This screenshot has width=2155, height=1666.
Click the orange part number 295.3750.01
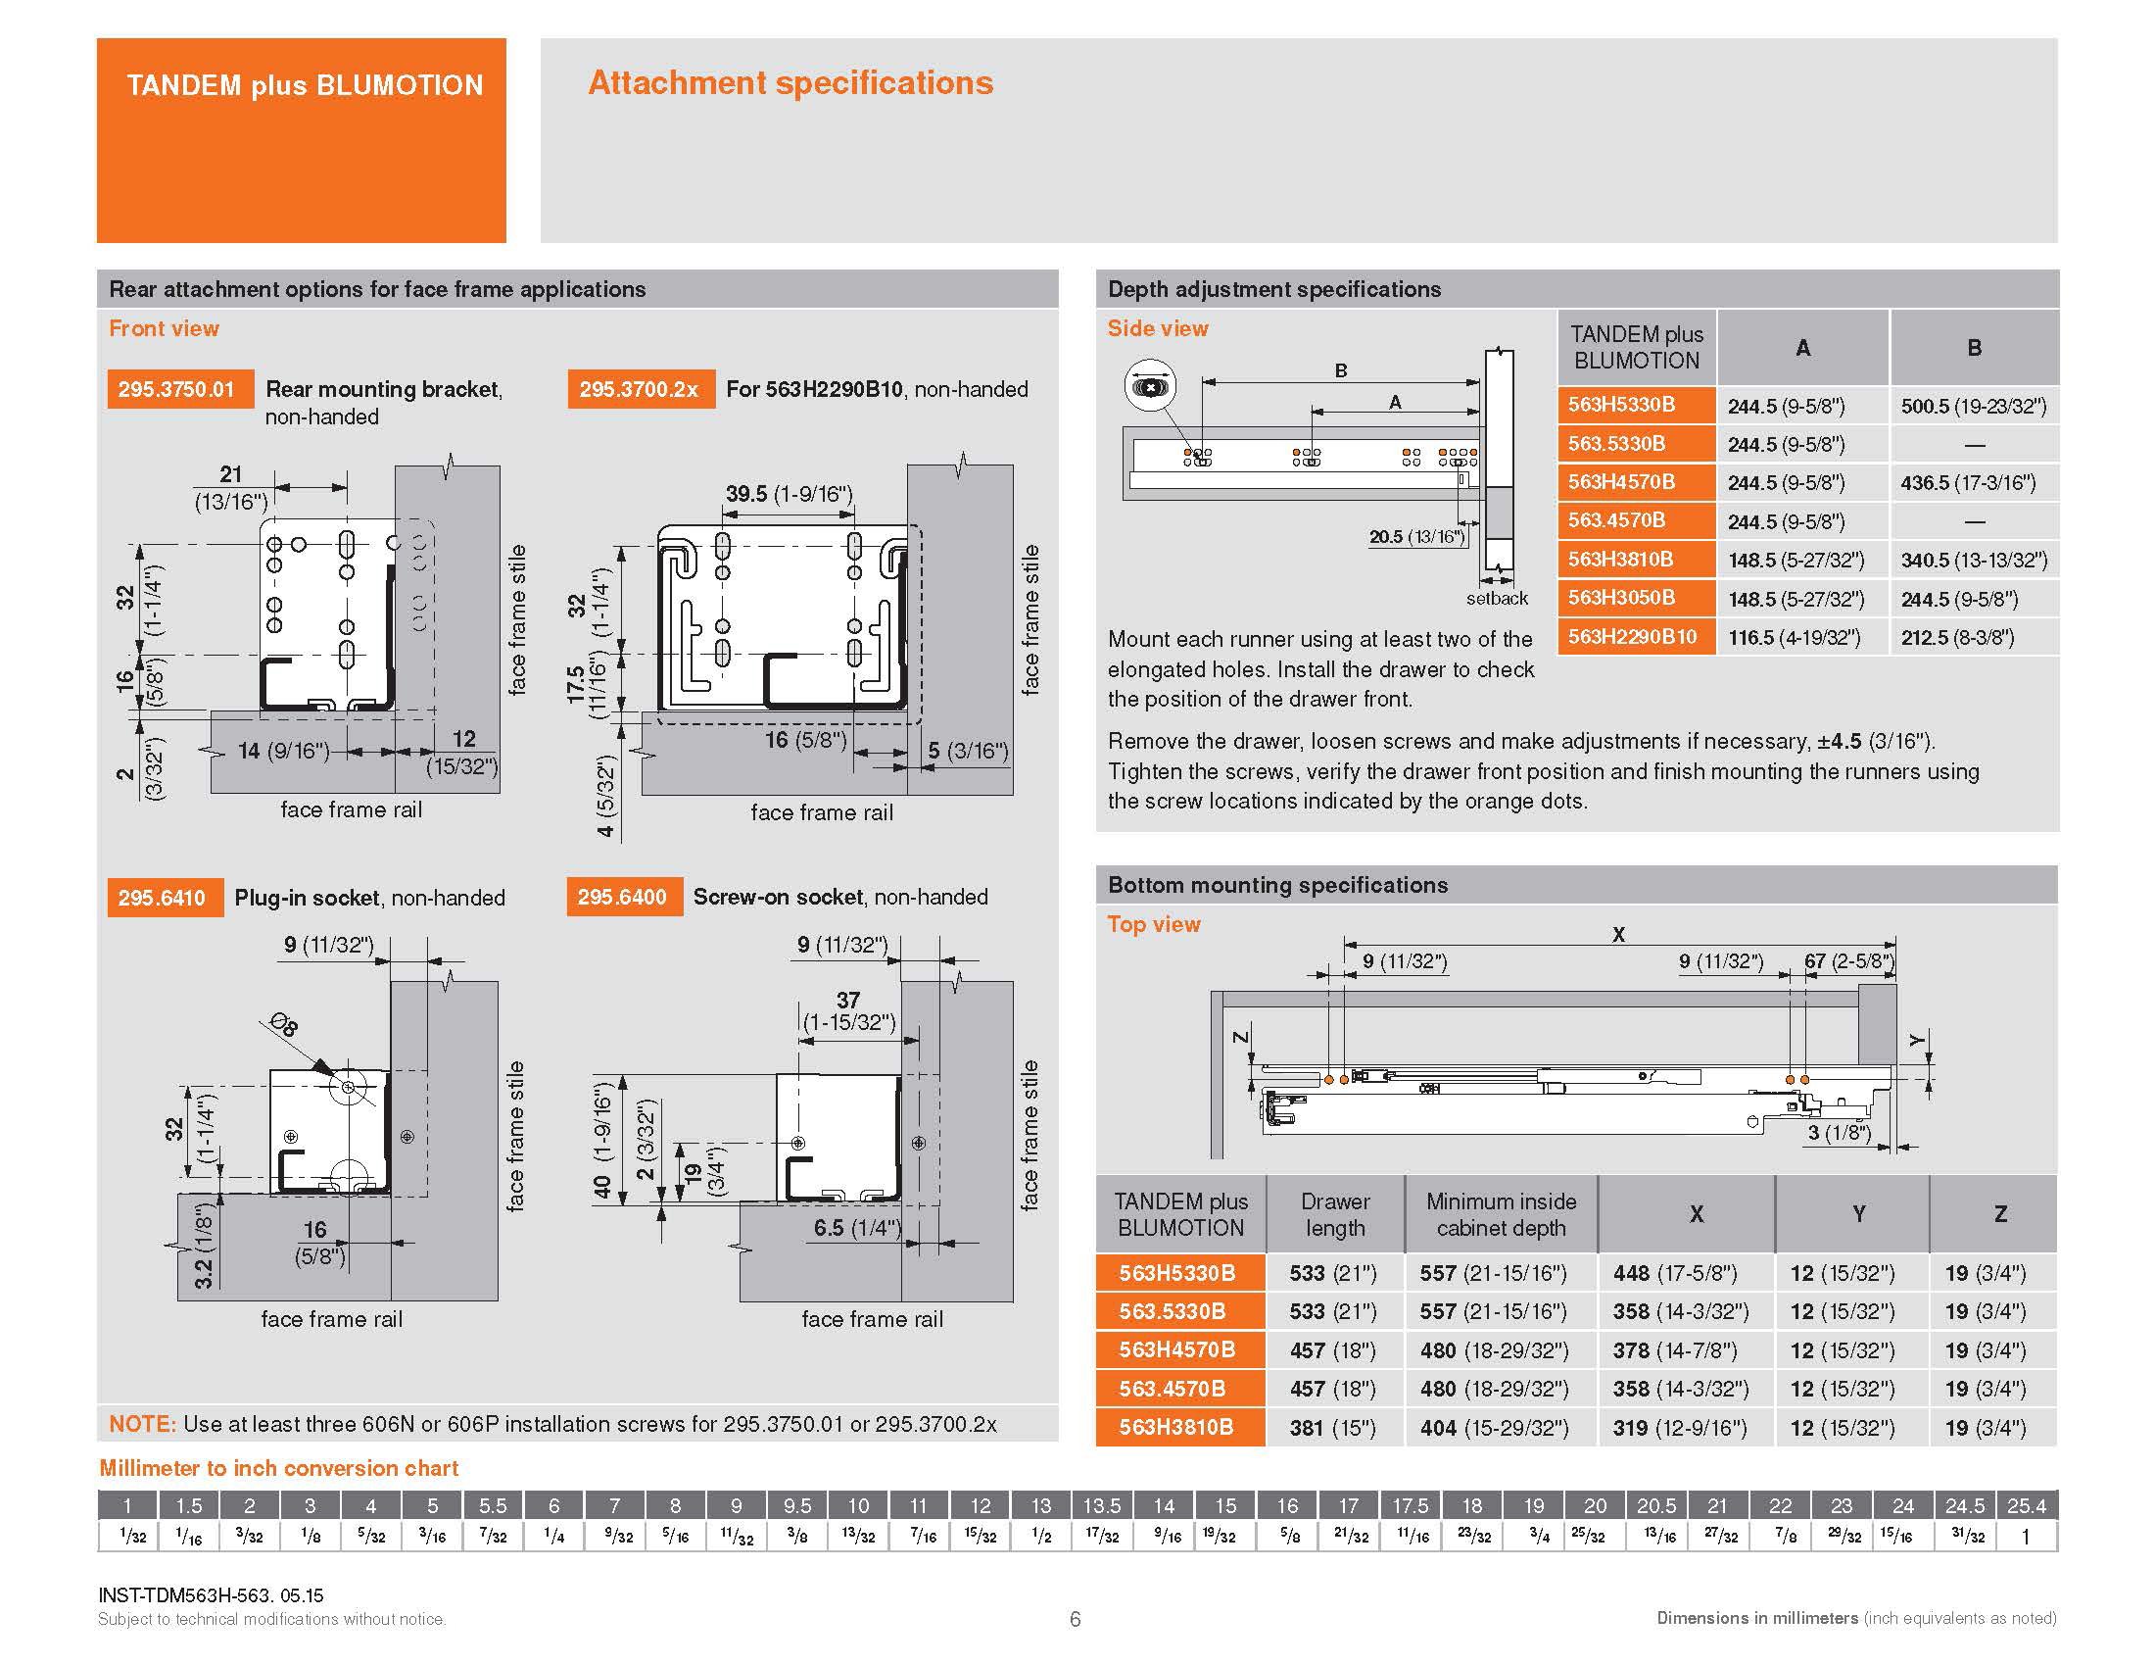pos(176,389)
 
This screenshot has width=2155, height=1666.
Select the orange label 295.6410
pos(162,898)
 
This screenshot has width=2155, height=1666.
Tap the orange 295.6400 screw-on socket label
pos(623,897)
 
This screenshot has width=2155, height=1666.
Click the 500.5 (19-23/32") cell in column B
pos(1974,406)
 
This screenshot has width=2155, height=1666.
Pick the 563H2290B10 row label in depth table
pos(1632,637)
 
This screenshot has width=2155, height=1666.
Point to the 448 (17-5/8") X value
pos(1674,1273)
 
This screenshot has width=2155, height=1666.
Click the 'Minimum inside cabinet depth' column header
pos(1500,1214)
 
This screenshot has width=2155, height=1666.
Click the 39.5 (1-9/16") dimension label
pos(789,494)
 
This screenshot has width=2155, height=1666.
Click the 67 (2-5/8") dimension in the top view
pos(1848,961)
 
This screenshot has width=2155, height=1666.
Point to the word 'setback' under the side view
pos(1496,598)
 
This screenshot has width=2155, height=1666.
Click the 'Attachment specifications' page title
pos(790,83)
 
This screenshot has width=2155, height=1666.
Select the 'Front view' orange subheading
pos(164,328)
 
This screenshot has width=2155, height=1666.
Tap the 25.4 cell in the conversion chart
pos(2026,1506)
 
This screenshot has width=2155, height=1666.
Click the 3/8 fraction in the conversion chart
pos(797,1537)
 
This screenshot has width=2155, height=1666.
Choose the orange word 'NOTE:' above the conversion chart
pos(142,1424)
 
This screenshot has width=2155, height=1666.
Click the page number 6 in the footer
pos(1076,1619)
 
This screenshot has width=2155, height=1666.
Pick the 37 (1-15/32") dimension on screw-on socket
pos(848,1010)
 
